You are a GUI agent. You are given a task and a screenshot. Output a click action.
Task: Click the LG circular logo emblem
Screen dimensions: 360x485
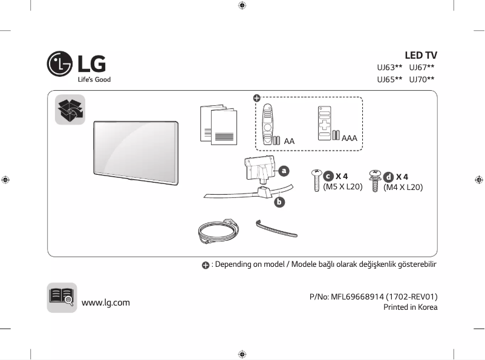click(x=59, y=63)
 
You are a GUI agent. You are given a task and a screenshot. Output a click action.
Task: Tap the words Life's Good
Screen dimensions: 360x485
click(x=94, y=80)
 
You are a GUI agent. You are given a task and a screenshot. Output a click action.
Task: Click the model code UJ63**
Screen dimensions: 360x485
click(x=389, y=68)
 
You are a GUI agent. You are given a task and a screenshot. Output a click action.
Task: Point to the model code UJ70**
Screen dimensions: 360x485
click(x=422, y=79)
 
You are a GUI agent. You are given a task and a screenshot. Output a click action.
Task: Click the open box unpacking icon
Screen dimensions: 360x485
click(x=70, y=110)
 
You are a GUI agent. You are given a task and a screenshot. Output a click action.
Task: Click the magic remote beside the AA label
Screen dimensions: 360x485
click(x=269, y=123)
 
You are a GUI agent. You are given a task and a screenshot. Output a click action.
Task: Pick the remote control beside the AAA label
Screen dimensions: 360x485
click(x=324, y=123)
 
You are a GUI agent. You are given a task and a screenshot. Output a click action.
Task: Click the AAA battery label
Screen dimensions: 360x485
click(x=350, y=139)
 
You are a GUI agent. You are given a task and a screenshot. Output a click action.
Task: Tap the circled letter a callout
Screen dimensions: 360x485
click(x=283, y=171)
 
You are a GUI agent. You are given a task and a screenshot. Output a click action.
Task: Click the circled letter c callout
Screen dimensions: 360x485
click(x=328, y=176)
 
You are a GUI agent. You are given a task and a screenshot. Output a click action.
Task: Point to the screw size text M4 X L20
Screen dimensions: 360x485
click(x=403, y=188)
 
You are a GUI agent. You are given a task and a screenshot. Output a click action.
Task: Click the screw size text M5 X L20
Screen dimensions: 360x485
click(x=342, y=187)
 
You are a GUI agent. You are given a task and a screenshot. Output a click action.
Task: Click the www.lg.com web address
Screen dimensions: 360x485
click(x=106, y=303)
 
